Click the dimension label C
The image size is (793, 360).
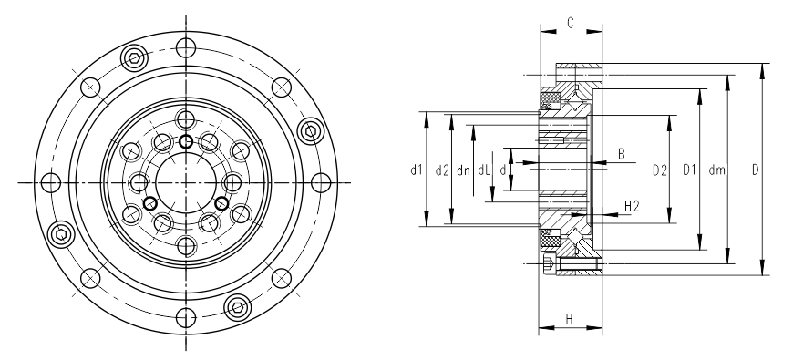[571, 24]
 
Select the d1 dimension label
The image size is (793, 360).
[417, 170]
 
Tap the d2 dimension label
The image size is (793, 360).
[442, 170]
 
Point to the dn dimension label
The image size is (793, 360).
[463, 170]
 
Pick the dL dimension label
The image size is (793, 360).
[484, 170]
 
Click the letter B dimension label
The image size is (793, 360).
[622, 154]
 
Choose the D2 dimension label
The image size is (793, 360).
[660, 170]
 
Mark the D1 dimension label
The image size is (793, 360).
[690, 170]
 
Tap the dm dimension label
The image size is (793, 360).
[717, 170]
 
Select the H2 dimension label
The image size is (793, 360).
[633, 206]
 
